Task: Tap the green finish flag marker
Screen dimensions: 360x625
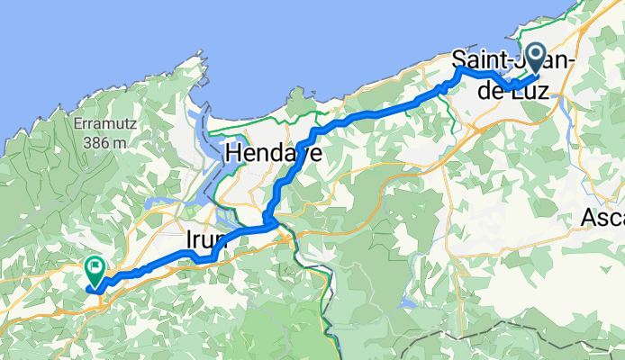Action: pyautogui.click(x=95, y=268)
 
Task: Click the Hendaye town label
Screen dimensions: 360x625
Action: pyautogui.click(x=274, y=154)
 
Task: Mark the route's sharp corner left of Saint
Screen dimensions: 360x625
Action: pyautogui.click(x=458, y=68)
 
